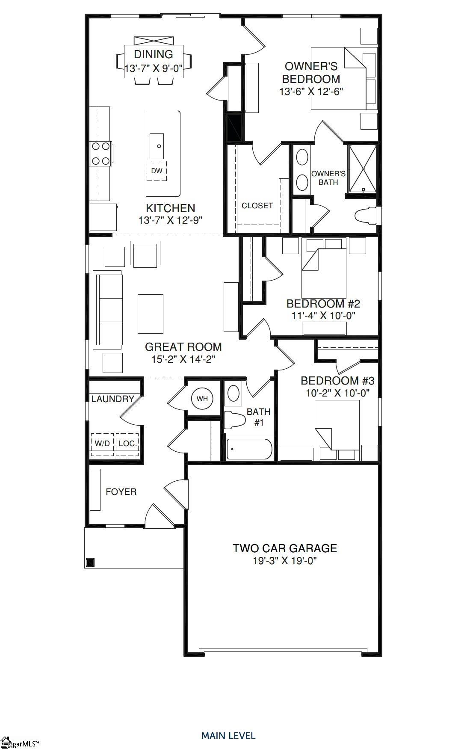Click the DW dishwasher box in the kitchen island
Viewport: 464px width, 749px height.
tap(157, 171)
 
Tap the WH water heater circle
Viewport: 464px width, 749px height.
tap(202, 399)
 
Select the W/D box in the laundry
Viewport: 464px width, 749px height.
tap(102, 444)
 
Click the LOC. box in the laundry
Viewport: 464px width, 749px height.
tap(127, 444)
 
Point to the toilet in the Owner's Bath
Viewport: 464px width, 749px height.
tap(366, 215)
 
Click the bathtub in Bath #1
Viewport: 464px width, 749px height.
tap(249, 449)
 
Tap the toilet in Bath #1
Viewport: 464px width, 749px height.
tap(233, 420)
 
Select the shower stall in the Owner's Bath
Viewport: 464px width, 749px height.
tap(363, 169)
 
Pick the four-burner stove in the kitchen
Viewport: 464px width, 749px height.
tap(101, 154)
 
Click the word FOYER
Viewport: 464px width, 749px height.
tap(121, 492)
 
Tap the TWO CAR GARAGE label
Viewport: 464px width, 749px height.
tap(285, 548)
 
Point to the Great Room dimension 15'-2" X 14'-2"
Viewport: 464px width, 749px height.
tap(183, 359)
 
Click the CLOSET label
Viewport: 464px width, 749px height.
tap(257, 206)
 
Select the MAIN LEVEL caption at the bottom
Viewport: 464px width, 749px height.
tap(228, 736)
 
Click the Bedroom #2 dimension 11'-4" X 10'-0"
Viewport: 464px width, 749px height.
tap(323, 316)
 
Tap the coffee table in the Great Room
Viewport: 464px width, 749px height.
tap(151, 314)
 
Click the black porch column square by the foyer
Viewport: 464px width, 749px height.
tap(90, 562)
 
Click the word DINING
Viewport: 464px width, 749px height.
tap(154, 54)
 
